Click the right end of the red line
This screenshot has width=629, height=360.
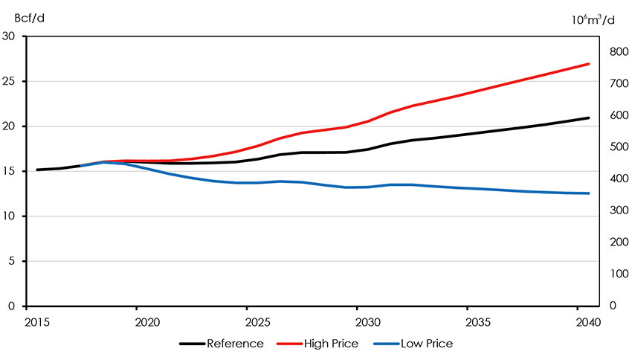pos(589,64)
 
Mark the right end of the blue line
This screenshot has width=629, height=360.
pos(589,193)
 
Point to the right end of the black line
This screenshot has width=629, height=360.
pos(589,118)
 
